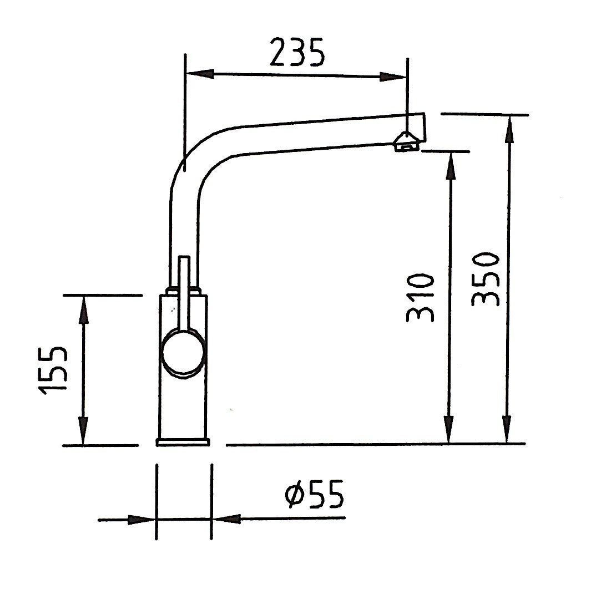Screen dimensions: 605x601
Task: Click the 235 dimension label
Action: (296, 53)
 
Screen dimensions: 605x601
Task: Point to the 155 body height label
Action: (54, 370)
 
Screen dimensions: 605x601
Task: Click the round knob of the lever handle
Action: (183, 351)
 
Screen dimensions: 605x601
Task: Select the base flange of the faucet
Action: (184, 441)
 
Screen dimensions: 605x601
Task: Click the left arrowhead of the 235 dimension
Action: (199, 73)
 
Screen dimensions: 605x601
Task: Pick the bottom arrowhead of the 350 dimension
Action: (507, 430)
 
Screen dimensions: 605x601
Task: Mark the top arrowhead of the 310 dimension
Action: (451, 165)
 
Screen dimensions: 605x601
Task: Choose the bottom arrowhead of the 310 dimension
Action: (450, 430)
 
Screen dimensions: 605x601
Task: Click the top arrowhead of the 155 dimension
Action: (83, 309)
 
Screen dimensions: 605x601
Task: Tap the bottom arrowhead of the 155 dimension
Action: (83, 431)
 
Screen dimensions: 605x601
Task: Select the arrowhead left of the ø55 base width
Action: (141, 520)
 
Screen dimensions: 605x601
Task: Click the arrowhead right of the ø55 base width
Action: (227, 520)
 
